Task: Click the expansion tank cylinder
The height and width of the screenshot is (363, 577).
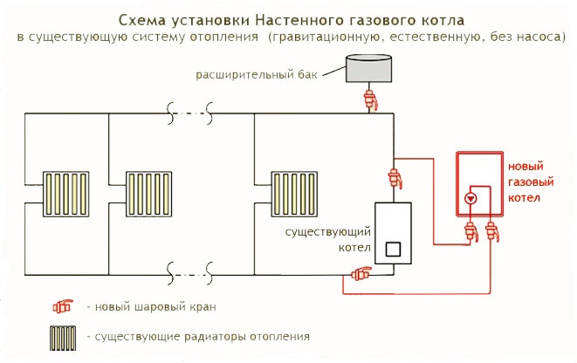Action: (x=367, y=67)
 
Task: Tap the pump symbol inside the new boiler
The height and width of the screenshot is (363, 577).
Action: (x=471, y=198)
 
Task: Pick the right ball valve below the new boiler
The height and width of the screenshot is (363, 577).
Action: (x=491, y=232)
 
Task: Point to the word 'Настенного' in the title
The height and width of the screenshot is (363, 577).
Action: (x=296, y=18)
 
